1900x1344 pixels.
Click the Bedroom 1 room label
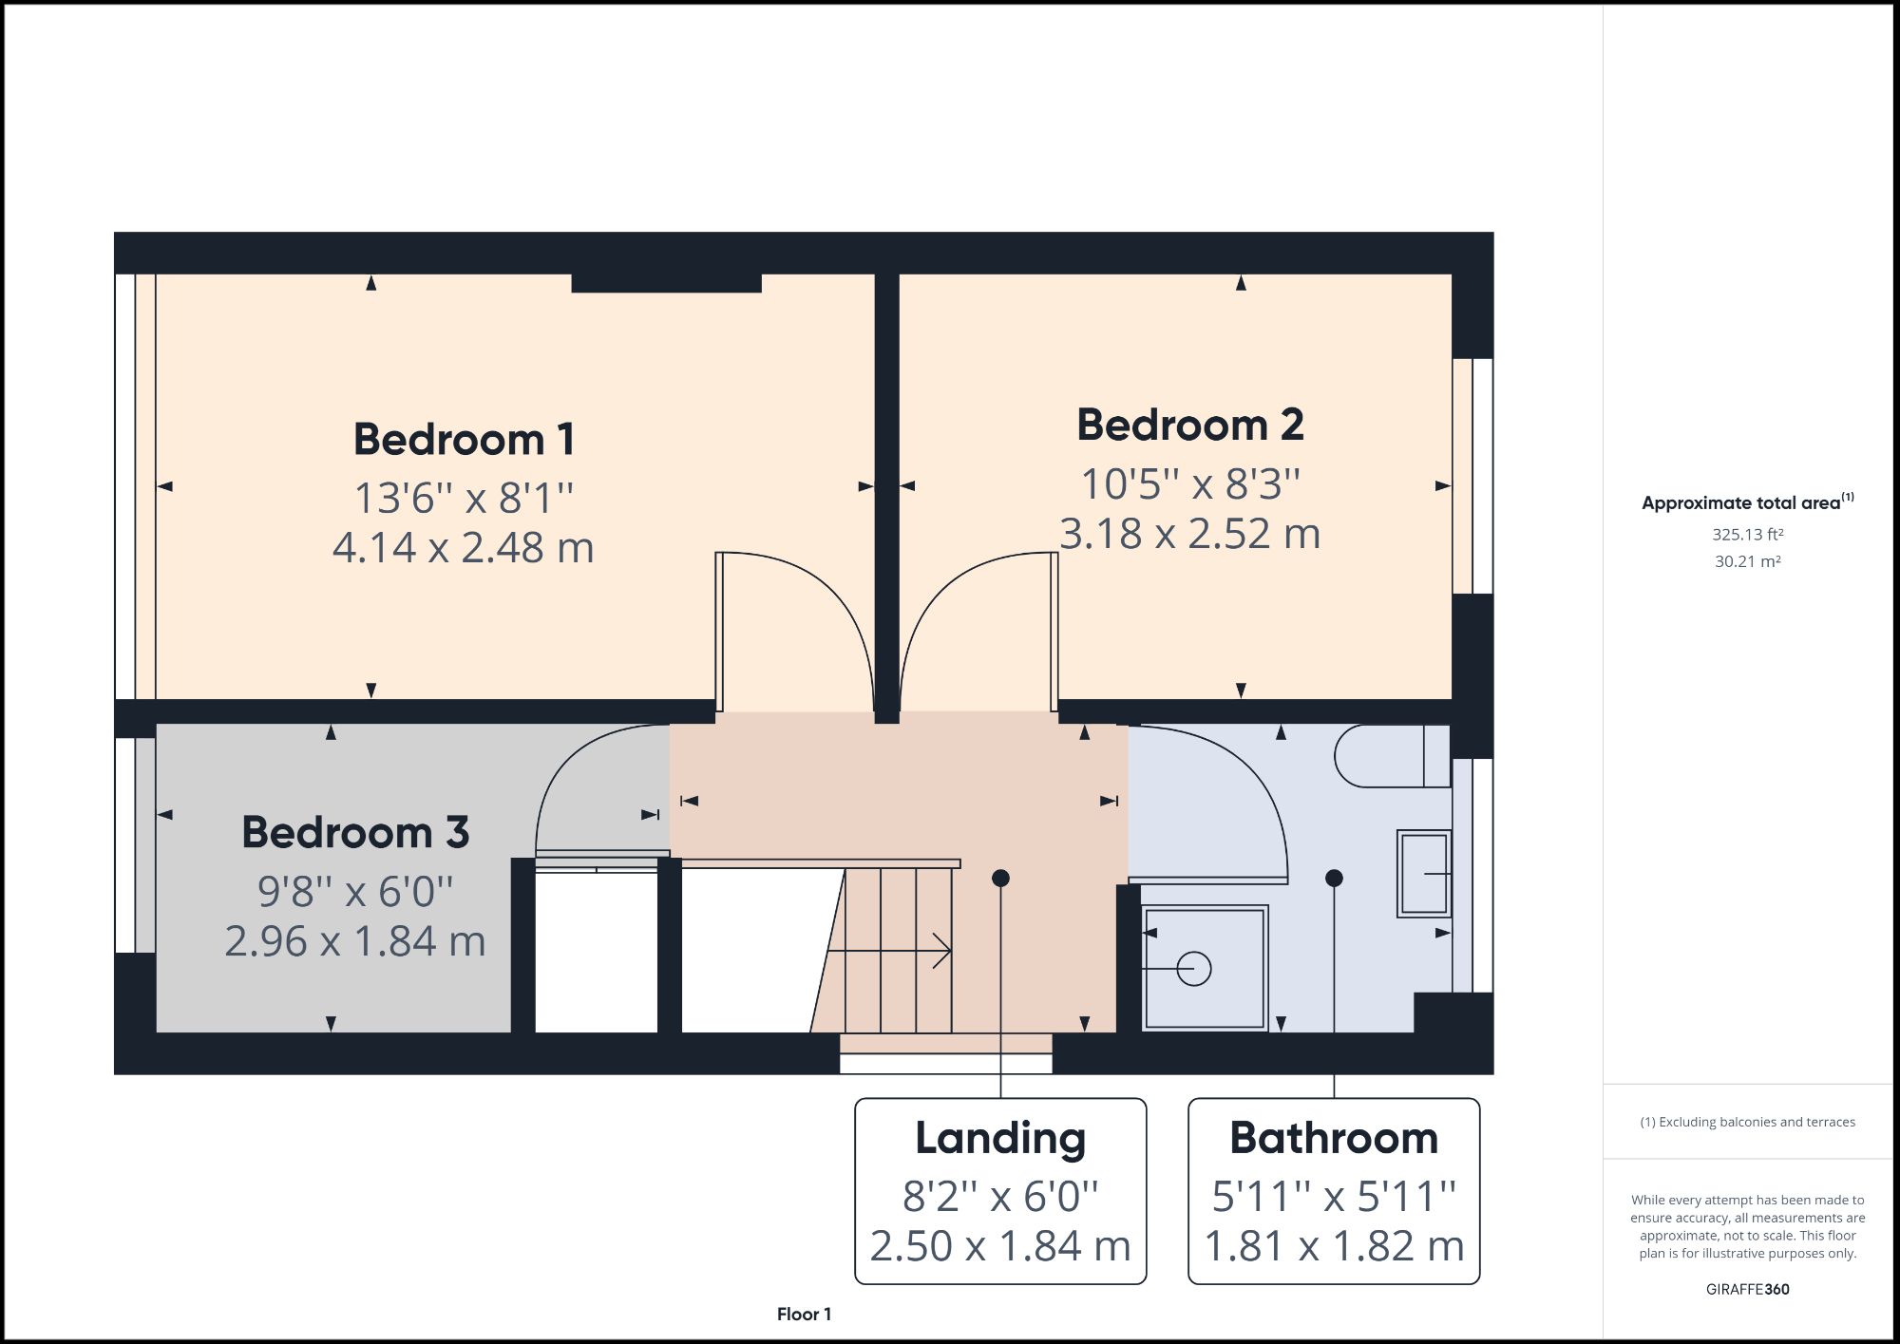click(464, 440)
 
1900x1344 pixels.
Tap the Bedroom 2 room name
click(1189, 425)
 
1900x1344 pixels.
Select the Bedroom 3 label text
click(355, 832)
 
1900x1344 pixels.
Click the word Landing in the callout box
click(999, 1138)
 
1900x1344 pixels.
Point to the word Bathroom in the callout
click(1333, 1138)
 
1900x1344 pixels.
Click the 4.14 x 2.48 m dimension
click(464, 547)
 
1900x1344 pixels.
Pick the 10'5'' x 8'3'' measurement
click(1189, 483)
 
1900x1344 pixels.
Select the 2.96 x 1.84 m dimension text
click(355, 941)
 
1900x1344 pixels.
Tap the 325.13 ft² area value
click(1747, 535)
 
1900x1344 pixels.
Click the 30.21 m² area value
click(1747, 561)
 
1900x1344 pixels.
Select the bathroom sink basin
click(1423, 873)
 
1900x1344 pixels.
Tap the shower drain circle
click(1194, 969)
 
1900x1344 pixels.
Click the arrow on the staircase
click(940, 950)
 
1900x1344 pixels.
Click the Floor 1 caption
click(804, 1315)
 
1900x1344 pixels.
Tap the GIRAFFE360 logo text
click(1747, 1289)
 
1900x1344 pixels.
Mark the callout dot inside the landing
click(1000, 879)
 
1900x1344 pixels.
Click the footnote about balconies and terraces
click(1747, 1122)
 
